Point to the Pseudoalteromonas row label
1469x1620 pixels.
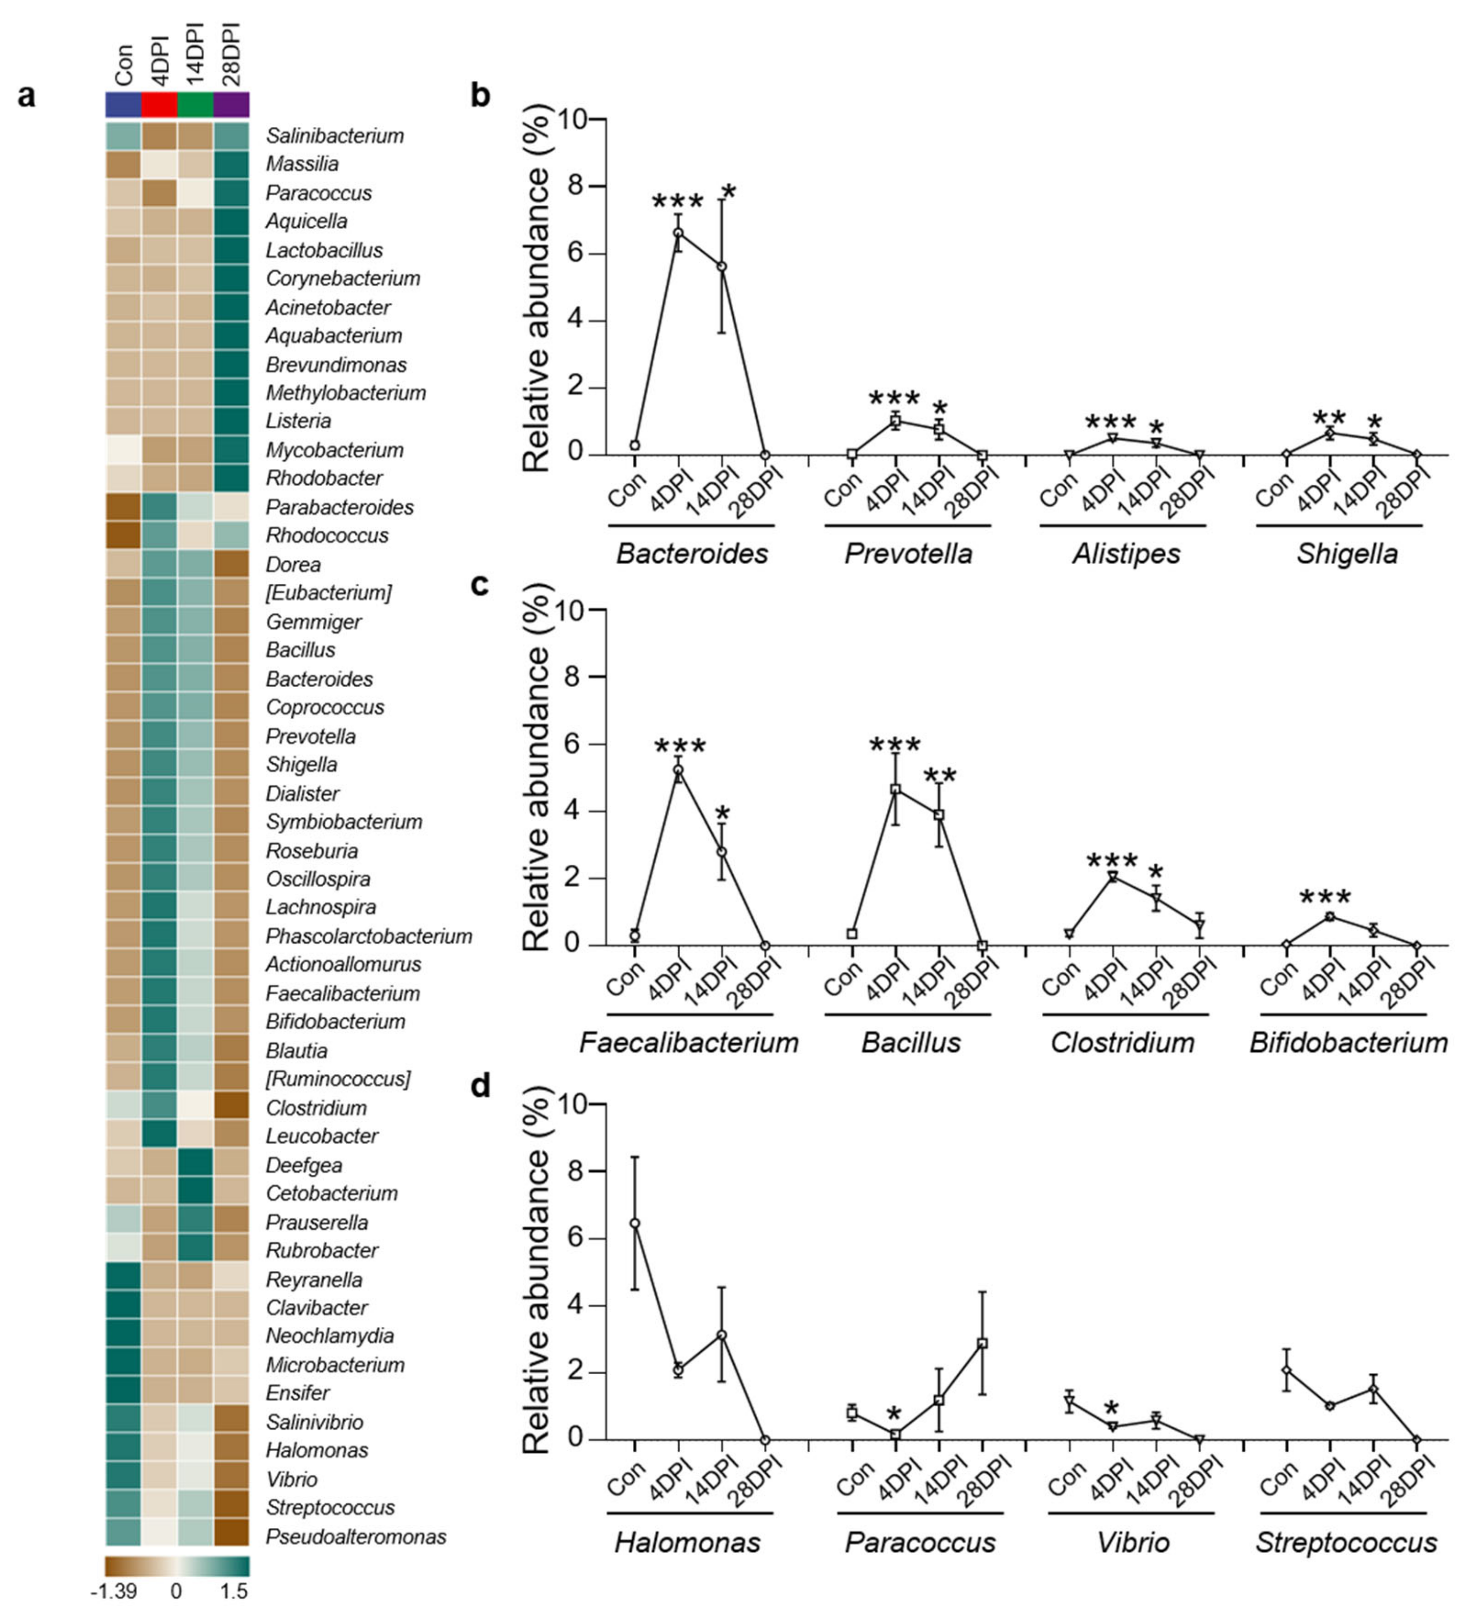pos(356,1537)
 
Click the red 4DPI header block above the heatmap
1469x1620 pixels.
pos(159,104)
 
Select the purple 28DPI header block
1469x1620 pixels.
pos(232,104)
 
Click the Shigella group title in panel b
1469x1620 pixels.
pos(1347,553)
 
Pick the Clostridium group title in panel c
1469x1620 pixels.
pos(1123,1043)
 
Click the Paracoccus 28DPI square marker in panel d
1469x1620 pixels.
pos(982,1343)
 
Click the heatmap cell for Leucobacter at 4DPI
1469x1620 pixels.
pos(159,1135)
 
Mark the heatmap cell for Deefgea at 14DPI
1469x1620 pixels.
pos(196,1165)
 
